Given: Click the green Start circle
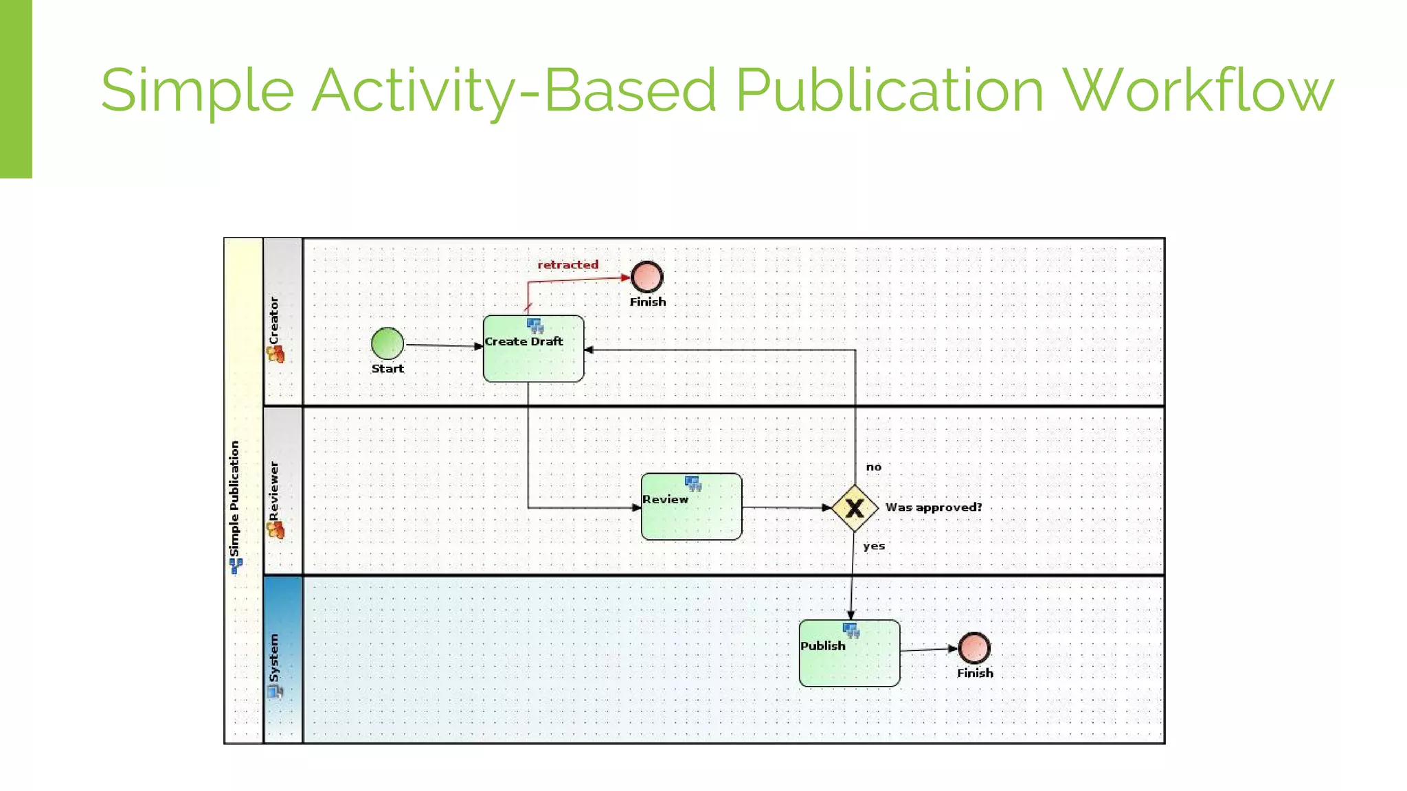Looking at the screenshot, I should coord(387,343).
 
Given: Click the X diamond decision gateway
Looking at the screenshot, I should coord(855,508).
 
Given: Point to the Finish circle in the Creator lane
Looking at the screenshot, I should coord(646,277).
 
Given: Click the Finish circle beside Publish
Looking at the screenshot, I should coord(973,647).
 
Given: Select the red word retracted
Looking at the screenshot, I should coord(567,264).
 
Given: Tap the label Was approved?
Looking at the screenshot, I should coord(933,507).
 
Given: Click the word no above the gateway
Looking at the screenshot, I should coord(873,467).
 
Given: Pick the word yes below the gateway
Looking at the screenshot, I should coord(874,546).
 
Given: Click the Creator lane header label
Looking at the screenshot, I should coord(274,321).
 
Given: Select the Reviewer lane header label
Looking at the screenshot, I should coord(274,490).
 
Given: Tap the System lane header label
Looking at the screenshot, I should coord(274,657).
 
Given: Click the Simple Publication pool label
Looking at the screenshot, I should coord(234,498).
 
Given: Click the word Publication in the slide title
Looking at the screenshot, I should coord(889,90).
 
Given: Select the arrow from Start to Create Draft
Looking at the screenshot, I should coord(443,345).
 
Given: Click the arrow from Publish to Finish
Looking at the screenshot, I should coord(927,650).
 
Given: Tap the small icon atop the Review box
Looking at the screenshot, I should coord(693,483).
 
